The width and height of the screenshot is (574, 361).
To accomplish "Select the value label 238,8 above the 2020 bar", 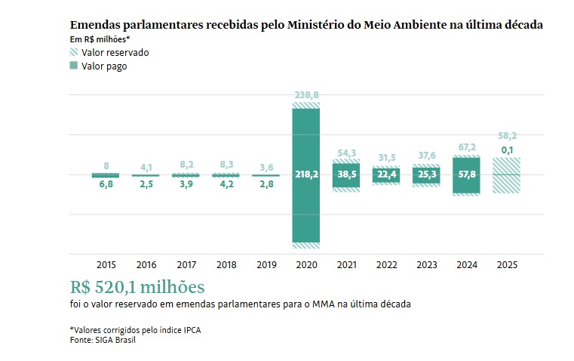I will (x=305, y=96).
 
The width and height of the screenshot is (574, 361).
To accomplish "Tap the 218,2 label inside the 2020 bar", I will (x=305, y=174).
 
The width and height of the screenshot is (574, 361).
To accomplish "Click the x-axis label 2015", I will (x=106, y=264).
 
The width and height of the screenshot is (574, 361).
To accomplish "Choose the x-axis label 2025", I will (x=506, y=264).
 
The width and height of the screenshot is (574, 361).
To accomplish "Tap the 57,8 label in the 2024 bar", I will (x=466, y=174).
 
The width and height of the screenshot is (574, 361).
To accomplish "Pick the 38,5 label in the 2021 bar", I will (x=345, y=174).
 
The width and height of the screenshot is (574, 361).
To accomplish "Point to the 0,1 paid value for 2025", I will (x=506, y=151).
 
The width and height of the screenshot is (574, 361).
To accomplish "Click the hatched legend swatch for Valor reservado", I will (x=73, y=53).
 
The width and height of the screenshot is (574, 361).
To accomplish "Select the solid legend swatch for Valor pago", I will (x=73, y=66).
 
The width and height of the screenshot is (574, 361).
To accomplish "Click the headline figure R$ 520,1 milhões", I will (x=137, y=288).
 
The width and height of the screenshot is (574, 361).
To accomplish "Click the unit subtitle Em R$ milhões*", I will (x=95, y=39).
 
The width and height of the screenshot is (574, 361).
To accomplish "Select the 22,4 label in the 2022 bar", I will (x=385, y=174).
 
